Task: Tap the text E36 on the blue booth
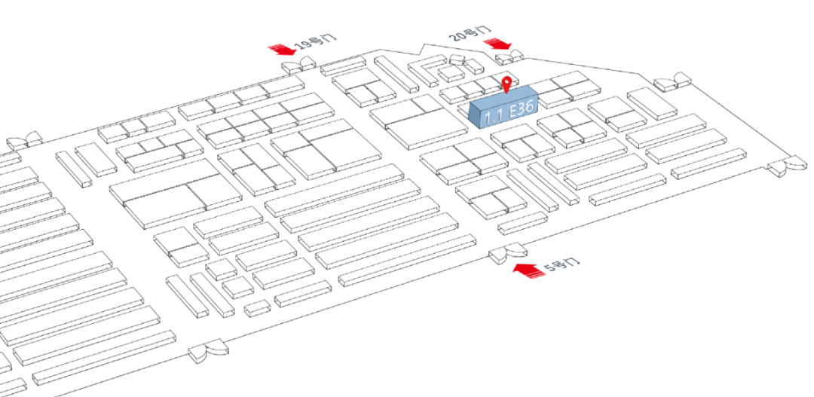(x=522, y=110)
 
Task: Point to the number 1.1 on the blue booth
(x=494, y=116)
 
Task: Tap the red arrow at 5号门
(x=530, y=270)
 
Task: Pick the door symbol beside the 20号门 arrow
(x=511, y=55)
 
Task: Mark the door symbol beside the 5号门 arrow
(x=507, y=254)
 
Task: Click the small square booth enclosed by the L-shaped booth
(x=450, y=72)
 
